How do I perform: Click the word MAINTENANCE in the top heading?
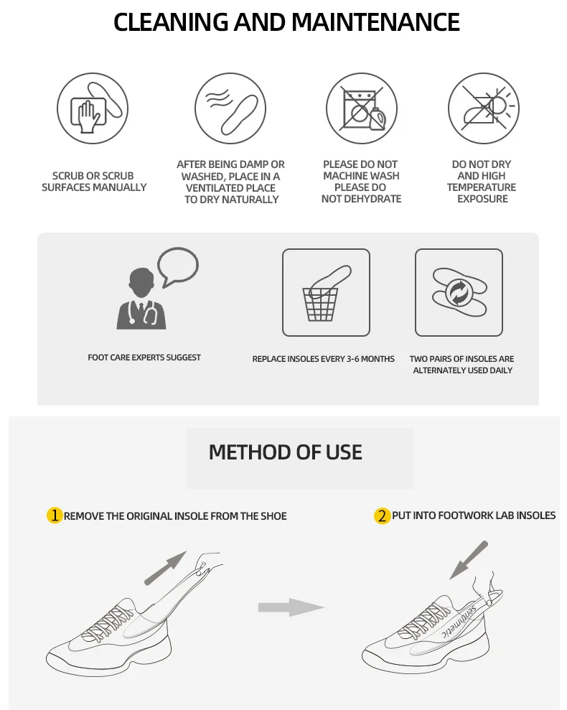click(375, 22)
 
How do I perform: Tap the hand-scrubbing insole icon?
click(93, 108)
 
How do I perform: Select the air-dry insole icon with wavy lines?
click(230, 108)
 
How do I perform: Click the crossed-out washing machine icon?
click(362, 108)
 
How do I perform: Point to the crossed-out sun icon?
click(484, 108)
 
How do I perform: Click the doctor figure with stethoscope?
click(141, 299)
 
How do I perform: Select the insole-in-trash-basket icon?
click(326, 292)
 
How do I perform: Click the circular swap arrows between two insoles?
click(459, 292)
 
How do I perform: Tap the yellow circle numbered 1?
click(55, 515)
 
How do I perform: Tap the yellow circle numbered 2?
click(383, 515)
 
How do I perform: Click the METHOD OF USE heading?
click(286, 452)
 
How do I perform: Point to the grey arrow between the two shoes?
click(291, 607)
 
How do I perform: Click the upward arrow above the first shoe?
click(165, 568)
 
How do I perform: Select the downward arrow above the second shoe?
click(469, 560)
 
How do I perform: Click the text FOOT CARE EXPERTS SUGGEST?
click(144, 358)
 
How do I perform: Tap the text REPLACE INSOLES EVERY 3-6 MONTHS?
click(324, 359)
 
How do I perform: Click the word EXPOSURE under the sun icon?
click(482, 199)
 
